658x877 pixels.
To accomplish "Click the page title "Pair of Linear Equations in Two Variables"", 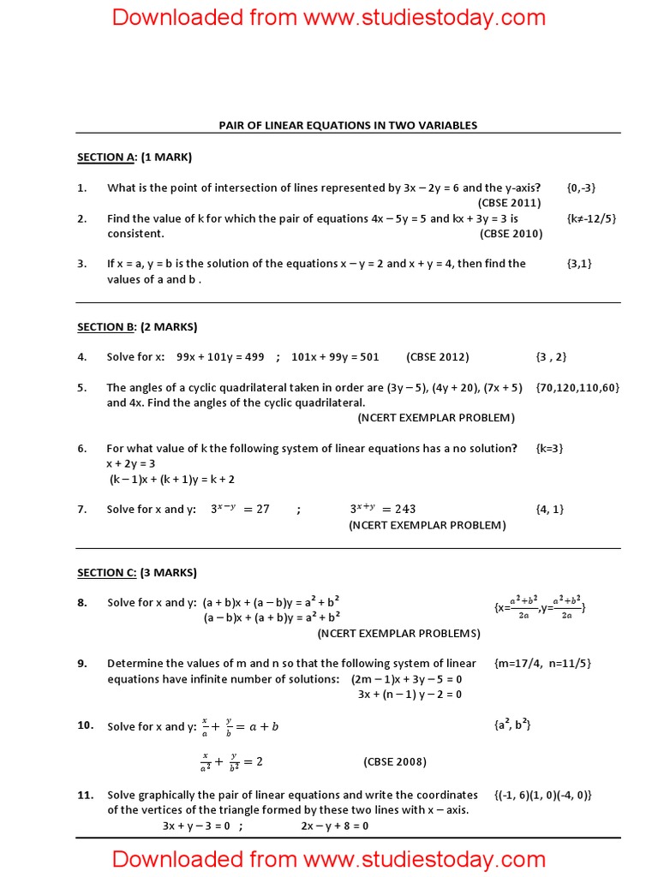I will pyautogui.click(x=348, y=125).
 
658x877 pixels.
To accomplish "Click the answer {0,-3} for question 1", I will pyautogui.click(x=581, y=188).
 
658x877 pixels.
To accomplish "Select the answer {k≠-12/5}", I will pyautogui.click(x=591, y=218).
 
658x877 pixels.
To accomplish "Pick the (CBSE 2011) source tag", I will pyautogui.click(x=509, y=203).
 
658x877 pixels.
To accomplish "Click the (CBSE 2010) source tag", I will pyautogui.click(x=511, y=234).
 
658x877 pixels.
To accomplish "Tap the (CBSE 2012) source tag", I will pyautogui.click(x=438, y=357).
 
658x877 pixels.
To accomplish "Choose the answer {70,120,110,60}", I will pyautogui.click(x=577, y=388).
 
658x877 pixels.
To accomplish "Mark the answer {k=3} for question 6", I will pyautogui.click(x=550, y=448).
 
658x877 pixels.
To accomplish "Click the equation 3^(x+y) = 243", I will pyautogui.click(x=383, y=509).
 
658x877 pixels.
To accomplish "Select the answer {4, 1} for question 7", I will pyautogui.click(x=550, y=509).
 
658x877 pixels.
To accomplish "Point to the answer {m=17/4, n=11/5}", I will pyautogui.click(x=543, y=663).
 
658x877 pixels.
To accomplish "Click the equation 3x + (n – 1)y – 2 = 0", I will pyautogui.click(x=410, y=694).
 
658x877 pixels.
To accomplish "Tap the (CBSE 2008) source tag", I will pyautogui.click(x=395, y=761).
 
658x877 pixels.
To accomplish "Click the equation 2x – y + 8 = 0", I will pyautogui.click(x=334, y=826).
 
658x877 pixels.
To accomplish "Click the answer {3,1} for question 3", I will pyautogui.click(x=579, y=264).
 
